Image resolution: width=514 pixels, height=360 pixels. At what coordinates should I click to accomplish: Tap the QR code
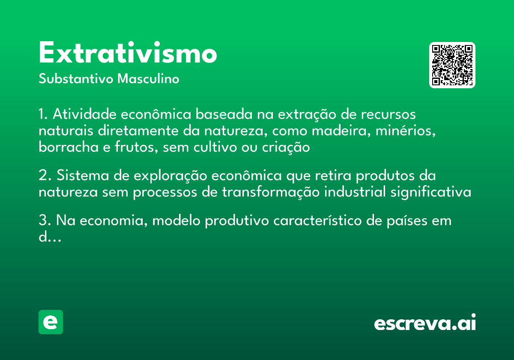tap(452, 65)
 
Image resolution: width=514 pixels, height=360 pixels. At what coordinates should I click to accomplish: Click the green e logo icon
tap(51, 322)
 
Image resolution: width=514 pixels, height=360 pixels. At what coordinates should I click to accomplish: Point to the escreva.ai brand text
tap(425, 323)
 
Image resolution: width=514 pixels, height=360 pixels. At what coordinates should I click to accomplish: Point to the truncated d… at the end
tap(50, 237)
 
